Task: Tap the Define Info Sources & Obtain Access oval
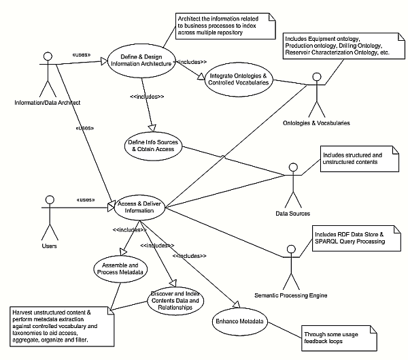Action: (154, 145)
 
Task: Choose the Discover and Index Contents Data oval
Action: (175, 300)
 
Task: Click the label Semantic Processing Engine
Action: (290, 295)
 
